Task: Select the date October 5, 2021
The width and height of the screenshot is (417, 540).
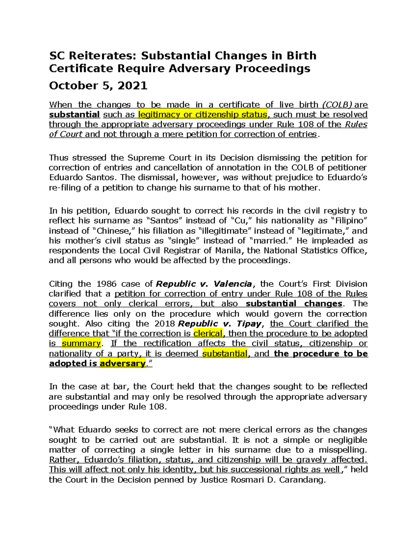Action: tap(98, 86)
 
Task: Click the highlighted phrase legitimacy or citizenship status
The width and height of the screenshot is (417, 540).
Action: tap(203, 114)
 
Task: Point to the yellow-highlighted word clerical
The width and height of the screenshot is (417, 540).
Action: tap(208, 333)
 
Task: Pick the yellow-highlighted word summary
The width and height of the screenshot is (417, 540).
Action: tap(81, 344)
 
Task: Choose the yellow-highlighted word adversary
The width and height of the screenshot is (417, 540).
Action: tap(122, 363)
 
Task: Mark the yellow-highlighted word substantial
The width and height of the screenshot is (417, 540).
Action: tap(225, 354)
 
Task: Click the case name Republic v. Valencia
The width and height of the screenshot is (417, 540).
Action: tap(204, 284)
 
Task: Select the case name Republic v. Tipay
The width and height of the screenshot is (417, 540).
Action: tap(219, 324)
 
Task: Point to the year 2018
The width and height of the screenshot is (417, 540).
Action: tap(163, 324)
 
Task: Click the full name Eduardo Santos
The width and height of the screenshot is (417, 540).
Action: tap(81, 177)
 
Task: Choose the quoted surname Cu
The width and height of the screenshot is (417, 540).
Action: tap(241, 221)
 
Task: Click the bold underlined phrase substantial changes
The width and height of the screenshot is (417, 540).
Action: tap(294, 304)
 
